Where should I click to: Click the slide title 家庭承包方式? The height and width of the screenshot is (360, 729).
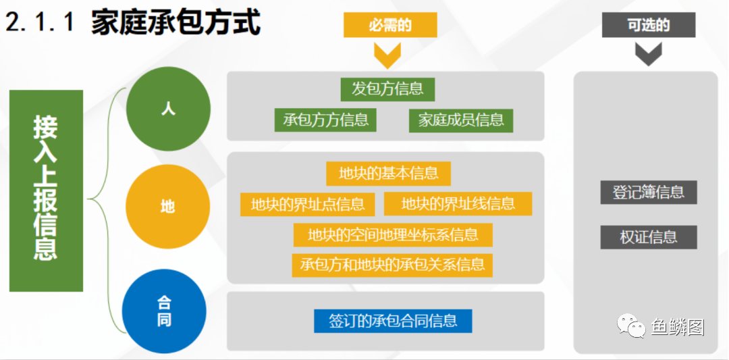(175, 22)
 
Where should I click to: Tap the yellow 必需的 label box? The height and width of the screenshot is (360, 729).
(390, 24)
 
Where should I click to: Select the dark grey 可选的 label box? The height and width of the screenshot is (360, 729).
(649, 24)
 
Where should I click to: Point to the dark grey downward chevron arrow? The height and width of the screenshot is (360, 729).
(648, 54)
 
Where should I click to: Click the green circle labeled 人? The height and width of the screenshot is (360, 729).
(168, 109)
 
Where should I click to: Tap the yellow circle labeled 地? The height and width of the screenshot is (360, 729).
(168, 207)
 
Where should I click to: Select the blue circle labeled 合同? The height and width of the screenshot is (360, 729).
(164, 311)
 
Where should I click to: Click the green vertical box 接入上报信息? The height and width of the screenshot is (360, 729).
(46, 190)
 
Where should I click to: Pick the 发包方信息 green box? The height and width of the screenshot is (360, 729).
(387, 89)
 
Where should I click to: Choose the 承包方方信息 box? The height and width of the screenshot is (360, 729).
(325, 120)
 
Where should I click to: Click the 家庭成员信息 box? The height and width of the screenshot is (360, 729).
(461, 120)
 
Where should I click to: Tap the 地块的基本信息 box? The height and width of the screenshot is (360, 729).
(389, 174)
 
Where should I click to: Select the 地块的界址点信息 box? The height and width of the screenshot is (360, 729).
(308, 204)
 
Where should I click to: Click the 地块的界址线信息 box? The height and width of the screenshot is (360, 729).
(458, 204)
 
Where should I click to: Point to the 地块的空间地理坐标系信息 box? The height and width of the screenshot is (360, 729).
(393, 235)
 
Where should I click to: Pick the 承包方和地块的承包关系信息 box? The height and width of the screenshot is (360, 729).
(392, 265)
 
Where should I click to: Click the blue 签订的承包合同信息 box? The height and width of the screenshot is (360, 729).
(393, 321)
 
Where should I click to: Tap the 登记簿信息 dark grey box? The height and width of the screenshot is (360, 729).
(649, 192)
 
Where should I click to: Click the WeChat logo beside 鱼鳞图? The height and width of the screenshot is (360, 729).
(630, 325)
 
